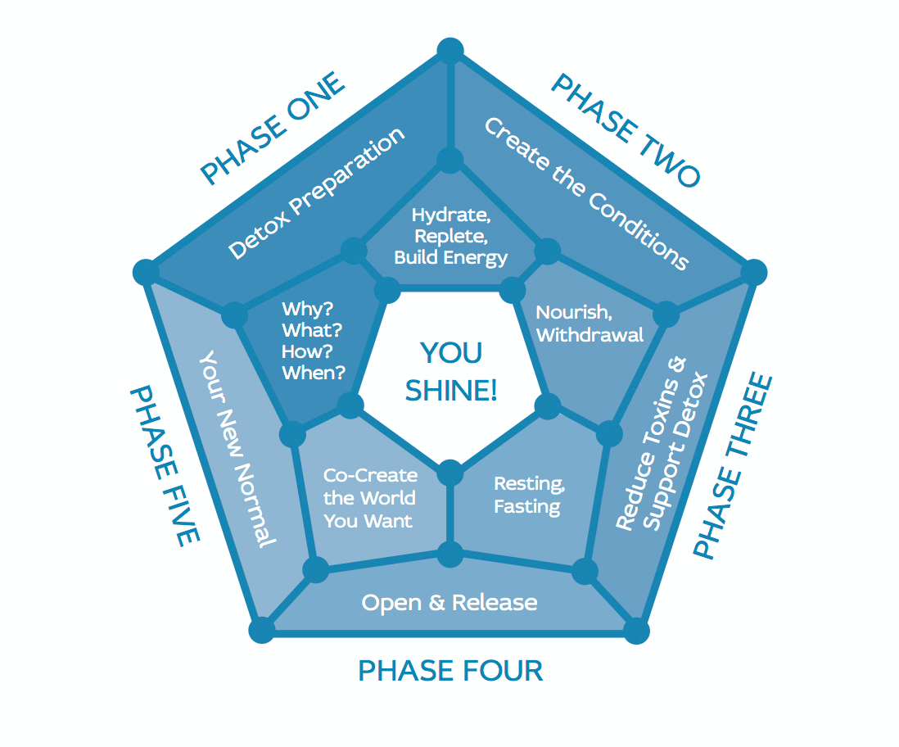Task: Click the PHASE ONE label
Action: tap(273, 129)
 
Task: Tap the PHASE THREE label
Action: tap(733, 465)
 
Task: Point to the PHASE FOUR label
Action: tap(450, 671)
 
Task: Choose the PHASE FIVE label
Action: tap(165, 465)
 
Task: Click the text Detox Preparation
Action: tap(317, 192)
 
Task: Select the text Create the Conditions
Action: tap(586, 194)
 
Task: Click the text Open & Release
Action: tap(449, 603)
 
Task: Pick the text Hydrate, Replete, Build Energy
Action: tap(450, 237)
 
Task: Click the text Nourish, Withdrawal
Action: tap(590, 324)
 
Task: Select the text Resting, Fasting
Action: tap(529, 495)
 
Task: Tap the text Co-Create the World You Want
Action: tap(370, 498)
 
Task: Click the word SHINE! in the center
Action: tap(450, 392)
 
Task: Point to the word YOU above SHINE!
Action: tap(451, 353)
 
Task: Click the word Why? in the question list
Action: tap(307, 310)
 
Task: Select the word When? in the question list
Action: tap(314, 373)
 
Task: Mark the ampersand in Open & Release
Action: tap(437, 602)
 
